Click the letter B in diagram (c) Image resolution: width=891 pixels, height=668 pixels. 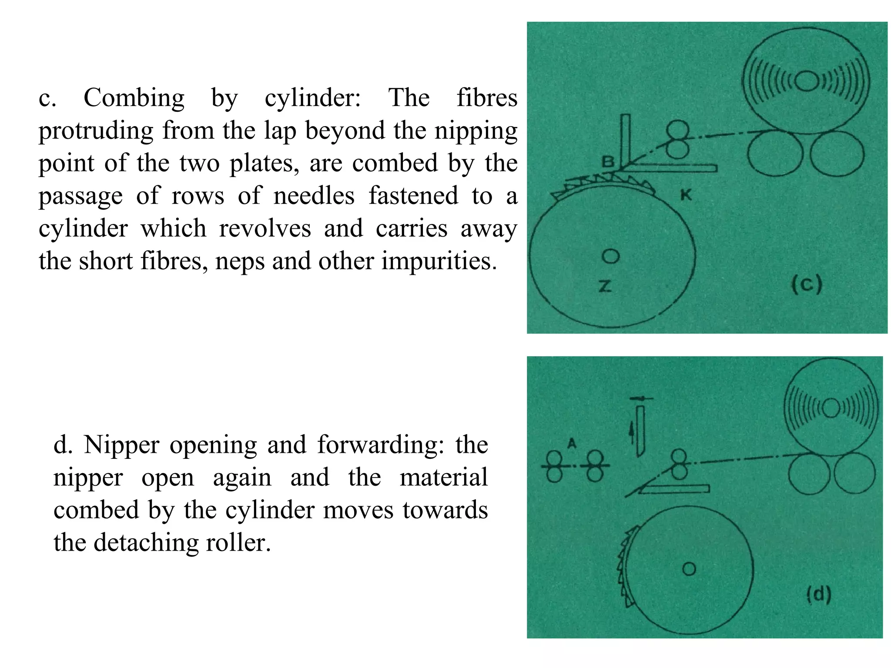pyautogui.click(x=608, y=162)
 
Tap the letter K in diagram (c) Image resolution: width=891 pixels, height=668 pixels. pyautogui.click(x=686, y=195)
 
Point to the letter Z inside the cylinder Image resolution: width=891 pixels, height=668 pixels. pyautogui.click(x=605, y=286)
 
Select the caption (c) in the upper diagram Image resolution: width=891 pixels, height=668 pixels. pyautogui.click(x=806, y=285)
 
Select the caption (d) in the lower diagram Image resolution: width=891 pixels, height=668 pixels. pyautogui.click(x=819, y=594)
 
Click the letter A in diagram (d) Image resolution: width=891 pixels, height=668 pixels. pyautogui.click(x=572, y=443)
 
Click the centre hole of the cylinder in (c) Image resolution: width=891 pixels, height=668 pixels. pyautogui.click(x=610, y=256)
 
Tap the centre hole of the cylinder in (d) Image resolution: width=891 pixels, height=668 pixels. pyautogui.click(x=689, y=568)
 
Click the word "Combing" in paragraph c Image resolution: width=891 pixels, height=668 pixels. pyautogui.click(x=134, y=98)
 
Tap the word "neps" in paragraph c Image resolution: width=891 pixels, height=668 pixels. pyautogui.click(x=240, y=261)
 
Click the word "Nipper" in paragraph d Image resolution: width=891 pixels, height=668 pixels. pyautogui.click(x=121, y=445)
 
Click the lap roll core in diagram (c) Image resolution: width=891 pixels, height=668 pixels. pyautogui.click(x=806, y=81)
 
